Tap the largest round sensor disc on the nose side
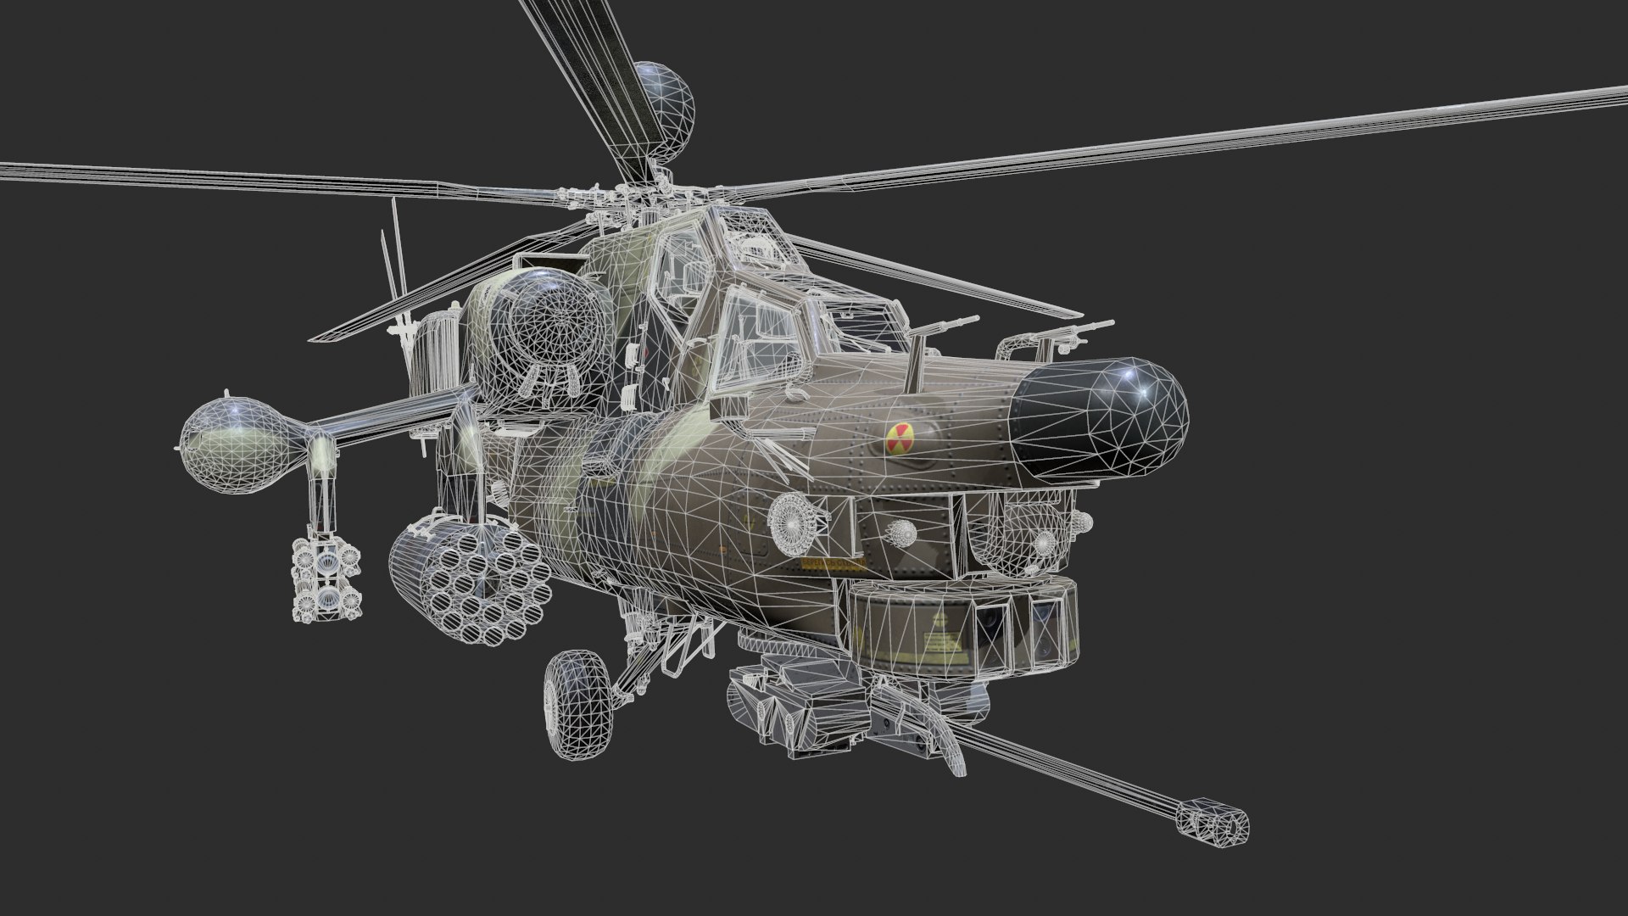click(794, 516)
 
